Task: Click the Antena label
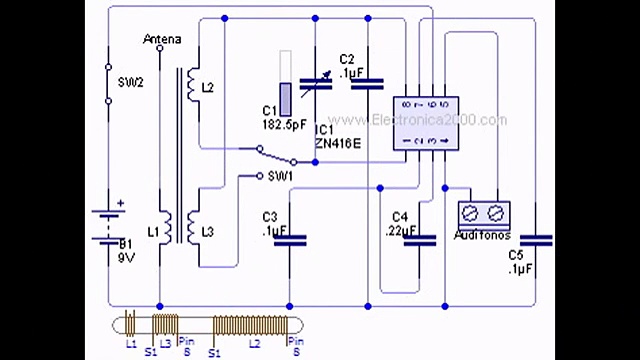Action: (162, 39)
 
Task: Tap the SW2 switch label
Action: (131, 82)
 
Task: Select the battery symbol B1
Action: (108, 225)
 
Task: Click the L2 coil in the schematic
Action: (192, 87)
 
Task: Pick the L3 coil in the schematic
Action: (192, 231)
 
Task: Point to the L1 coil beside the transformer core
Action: (168, 231)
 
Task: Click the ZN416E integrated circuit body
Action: (424, 124)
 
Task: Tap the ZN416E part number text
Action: (337, 142)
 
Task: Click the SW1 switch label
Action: (281, 176)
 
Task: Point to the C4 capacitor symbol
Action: (419, 239)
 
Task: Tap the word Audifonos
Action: (482, 236)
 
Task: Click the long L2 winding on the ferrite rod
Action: (254, 326)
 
